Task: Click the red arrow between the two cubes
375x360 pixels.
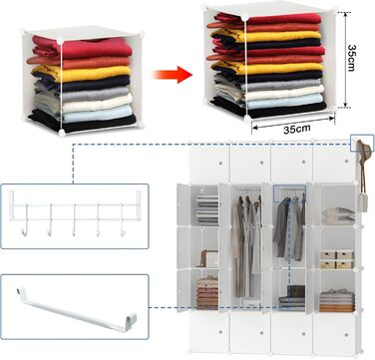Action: pyautogui.click(x=173, y=74)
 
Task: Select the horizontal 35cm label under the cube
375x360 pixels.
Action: pyautogui.click(x=297, y=129)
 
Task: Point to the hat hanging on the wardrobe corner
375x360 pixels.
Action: pyautogui.click(x=364, y=152)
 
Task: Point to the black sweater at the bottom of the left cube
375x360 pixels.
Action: pyautogui.click(x=83, y=122)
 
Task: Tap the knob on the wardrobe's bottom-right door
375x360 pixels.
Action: pyautogui.click(x=345, y=334)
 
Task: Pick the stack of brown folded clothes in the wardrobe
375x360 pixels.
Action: pyautogui.click(x=207, y=292)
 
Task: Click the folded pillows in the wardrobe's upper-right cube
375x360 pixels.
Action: pyautogui.click(x=338, y=216)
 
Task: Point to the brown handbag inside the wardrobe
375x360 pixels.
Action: pyautogui.click(x=208, y=258)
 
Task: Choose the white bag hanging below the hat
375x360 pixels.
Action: pyautogui.click(x=362, y=202)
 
